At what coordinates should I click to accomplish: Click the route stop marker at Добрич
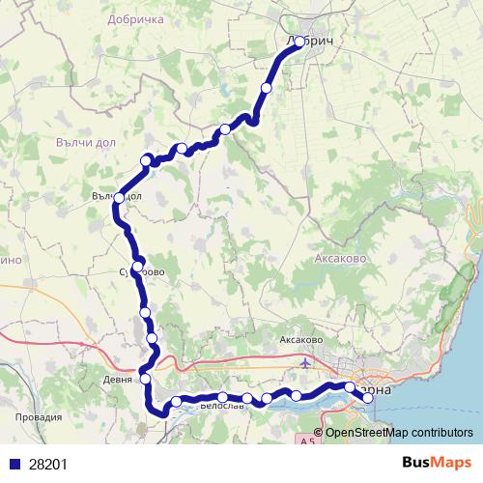(299, 42)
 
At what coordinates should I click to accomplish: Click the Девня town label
(117, 380)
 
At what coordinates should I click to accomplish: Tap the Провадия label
(41, 417)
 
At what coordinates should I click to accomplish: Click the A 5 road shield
(307, 441)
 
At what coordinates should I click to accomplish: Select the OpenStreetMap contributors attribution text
(399, 432)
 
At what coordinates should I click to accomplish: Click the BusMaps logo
(436, 464)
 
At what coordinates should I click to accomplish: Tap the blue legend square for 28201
(14, 464)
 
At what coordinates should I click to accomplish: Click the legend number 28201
(47, 464)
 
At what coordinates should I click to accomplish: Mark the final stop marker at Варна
(367, 397)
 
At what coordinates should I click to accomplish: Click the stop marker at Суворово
(138, 266)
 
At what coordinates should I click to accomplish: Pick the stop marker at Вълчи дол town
(119, 198)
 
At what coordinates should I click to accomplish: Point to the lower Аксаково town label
(299, 341)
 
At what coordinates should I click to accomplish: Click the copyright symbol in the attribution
(319, 432)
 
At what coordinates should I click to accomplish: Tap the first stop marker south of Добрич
(266, 88)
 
